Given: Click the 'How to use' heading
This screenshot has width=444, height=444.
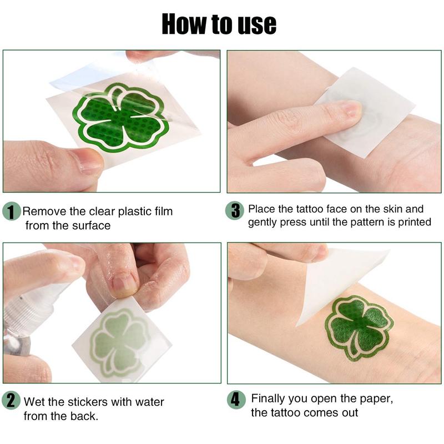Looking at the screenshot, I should point(219,24).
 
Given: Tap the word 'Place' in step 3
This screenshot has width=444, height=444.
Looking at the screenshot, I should point(260,209).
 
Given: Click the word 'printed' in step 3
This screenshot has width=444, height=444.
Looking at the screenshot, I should point(413,222).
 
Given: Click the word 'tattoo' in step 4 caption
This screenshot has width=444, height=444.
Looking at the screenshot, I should point(284,412).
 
